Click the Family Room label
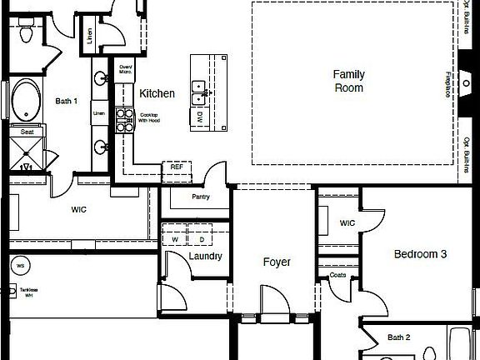[349, 81]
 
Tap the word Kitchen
[157, 93]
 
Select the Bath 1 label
[67, 102]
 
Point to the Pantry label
[200, 197]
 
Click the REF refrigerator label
[177, 167]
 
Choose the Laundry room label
[205, 256]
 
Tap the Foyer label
[277, 262]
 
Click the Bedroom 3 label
[421, 254]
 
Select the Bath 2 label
[399, 337]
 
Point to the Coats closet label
[337, 275]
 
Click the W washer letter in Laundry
[176, 240]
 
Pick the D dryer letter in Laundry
[201, 240]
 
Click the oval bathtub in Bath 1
[27, 100]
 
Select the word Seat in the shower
[27, 132]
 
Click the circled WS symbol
[19, 266]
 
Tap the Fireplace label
[447, 84]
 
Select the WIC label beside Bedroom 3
[347, 223]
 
